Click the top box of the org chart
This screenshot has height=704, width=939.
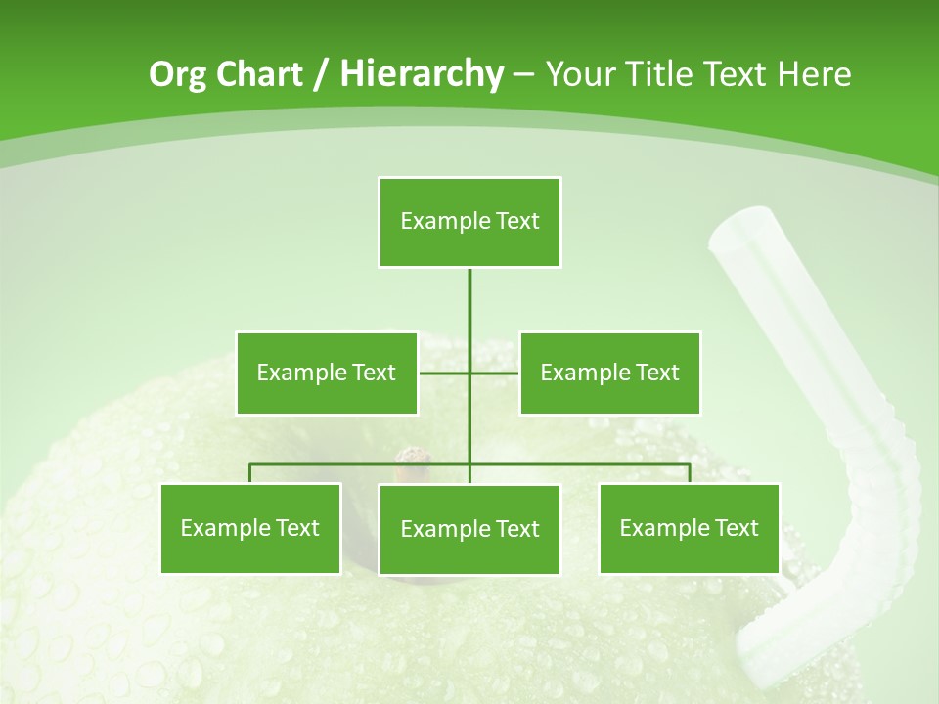[x=469, y=222]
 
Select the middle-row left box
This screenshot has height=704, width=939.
[x=326, y=373]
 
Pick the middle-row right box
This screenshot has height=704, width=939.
[x=609, y=373]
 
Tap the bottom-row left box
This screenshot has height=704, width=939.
[x=250, y=528]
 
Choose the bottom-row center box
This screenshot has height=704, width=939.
[x=469, y=529]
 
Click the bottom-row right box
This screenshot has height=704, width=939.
[x=689, y=528]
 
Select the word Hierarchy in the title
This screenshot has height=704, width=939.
[x=422, y=75]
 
